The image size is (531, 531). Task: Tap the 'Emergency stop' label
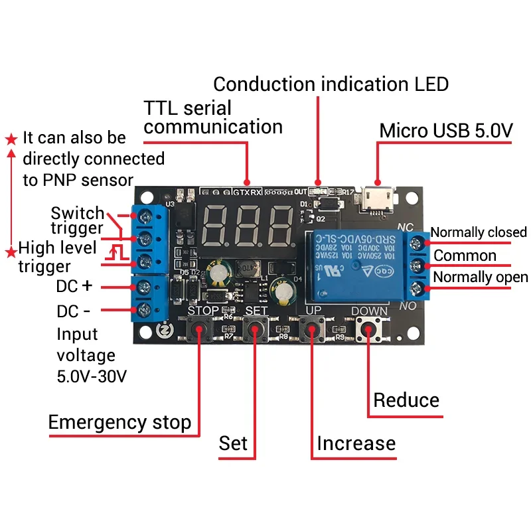(119, 422)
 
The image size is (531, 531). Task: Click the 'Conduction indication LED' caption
(331, 84)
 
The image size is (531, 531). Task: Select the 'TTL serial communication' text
(212, 117)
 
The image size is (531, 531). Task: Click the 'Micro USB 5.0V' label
(445, 131)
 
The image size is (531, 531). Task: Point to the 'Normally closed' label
(478, 232)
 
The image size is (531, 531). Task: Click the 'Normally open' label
(480, 277)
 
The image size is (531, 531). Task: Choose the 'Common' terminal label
(465, 256)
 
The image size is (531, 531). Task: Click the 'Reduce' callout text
(406, 400)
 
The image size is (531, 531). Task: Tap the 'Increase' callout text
(356, 443)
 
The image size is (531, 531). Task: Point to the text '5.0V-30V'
(92, 376)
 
